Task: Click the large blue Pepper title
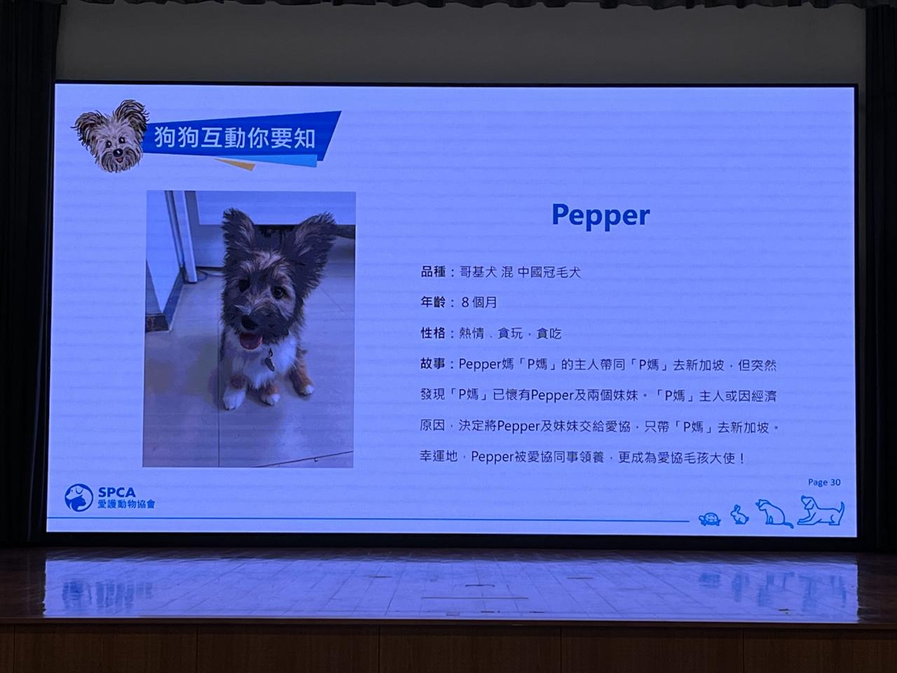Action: [601, 216]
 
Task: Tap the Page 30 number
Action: [824, 482]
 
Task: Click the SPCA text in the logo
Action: [117, 492]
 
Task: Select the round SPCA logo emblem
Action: [79, 497]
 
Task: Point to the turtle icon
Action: [710, 519]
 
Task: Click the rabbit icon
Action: [739, 515]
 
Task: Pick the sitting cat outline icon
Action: [774, 513]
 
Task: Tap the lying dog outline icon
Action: [821, 510]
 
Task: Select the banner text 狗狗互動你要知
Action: [235, 137]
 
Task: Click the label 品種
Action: [433, 272]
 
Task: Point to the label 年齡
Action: [433, 302]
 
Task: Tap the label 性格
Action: [433, 333]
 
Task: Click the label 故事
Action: [433, 364]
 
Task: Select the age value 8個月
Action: [479, 303]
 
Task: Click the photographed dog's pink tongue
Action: [249, 341]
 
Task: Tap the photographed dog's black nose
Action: [249, 322]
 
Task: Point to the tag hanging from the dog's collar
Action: [269, 362]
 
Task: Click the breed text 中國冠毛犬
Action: [549, 272]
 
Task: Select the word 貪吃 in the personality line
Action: [549, 334]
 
